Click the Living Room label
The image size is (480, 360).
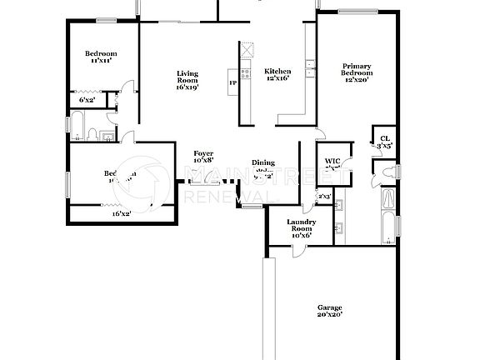[187, 80]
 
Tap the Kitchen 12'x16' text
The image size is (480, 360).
[277, 76]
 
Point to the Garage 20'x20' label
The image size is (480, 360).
[329, 310]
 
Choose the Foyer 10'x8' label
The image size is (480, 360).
[203, 157]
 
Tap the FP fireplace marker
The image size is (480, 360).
[233, 82]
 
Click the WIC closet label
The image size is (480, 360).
[332, 162]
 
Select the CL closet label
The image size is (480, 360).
[384, 142]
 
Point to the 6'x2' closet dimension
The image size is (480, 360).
[87, 100]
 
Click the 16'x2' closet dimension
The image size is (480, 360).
[122, 214]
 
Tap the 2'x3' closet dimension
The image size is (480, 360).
[324, 197]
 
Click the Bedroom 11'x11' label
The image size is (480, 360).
[102, 56]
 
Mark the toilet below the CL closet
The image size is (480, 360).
[385, 172]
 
